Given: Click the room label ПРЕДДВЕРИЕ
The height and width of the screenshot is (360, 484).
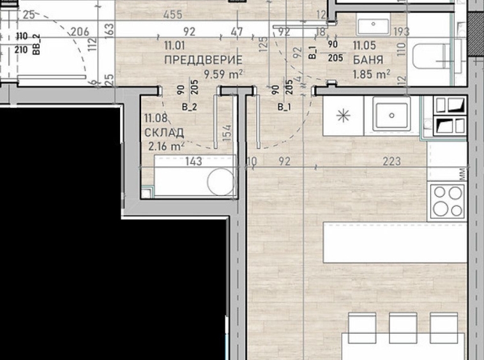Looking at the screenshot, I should point(203,60).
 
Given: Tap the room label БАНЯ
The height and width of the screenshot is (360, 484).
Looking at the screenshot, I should point(368,61).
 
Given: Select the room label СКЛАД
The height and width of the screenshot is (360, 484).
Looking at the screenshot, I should point(164,132).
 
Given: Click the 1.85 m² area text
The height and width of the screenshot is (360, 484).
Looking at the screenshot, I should point(372,75).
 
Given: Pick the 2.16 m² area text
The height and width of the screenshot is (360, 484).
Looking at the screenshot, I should point(166,146).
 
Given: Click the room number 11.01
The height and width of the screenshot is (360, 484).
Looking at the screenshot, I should point(174,45).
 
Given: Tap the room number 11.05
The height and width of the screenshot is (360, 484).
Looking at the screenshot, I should point(364,45).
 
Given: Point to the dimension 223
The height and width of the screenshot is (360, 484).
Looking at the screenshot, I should point(391,162).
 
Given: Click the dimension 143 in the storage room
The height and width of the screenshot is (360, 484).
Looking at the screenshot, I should point(193,162).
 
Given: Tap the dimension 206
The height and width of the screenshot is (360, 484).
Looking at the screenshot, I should point(79,31).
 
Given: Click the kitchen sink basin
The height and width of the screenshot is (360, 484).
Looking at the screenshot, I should point(389,116).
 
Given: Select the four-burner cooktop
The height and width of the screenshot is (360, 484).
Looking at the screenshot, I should point(448,200).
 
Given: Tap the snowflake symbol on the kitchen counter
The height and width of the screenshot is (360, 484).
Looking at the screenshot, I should point(344,116).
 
